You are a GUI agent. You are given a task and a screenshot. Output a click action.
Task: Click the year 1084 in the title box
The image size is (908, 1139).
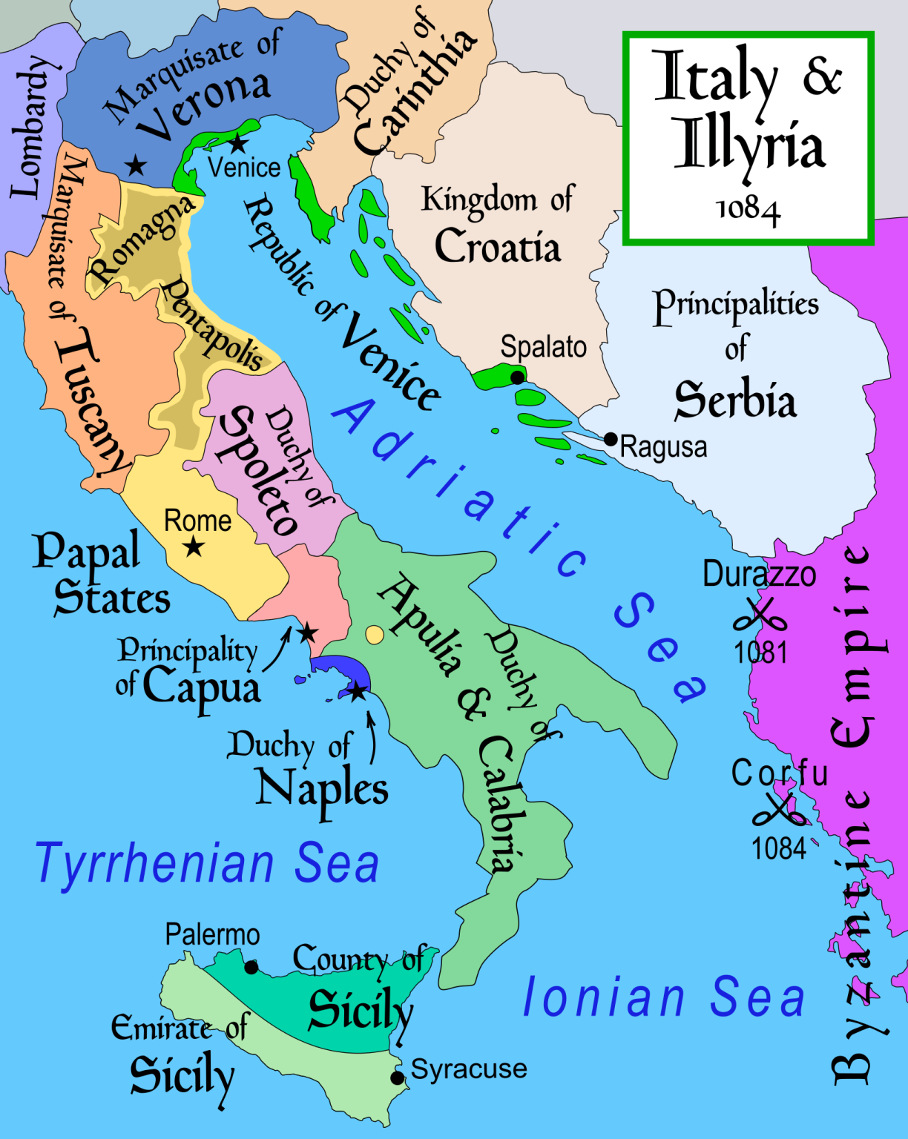click(748, 210)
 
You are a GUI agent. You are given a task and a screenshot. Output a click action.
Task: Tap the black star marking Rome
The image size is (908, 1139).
click(194, 547)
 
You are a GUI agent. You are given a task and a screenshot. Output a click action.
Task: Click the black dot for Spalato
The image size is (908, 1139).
click(517, 377)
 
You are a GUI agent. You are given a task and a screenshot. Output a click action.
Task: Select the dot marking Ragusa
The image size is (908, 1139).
click(611, 439)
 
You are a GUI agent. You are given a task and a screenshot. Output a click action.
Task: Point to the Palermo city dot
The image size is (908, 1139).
click(251, 967)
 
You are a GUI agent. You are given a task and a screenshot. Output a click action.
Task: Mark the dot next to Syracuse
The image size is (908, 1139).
click(398, 1077)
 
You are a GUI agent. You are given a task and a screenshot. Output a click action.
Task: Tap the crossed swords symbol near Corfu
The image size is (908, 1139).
click(779, 811)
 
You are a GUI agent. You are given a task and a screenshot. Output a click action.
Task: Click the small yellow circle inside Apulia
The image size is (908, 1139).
click(375, 634)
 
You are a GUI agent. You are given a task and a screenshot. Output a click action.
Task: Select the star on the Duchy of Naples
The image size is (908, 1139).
click(358, 692)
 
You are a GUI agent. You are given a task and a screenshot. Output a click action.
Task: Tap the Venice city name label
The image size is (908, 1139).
click(244, 168)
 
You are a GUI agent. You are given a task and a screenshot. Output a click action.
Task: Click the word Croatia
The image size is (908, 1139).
click(498, 246)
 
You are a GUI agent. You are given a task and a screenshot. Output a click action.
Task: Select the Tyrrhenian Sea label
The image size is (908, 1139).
click(207, 864)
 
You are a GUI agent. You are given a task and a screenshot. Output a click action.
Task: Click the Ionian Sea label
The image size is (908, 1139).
click(664, 997)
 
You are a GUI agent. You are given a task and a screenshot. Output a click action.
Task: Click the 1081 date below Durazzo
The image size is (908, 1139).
click(760, 653)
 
